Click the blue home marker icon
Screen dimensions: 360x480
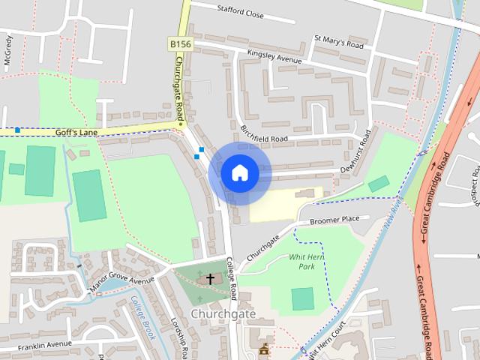coord(239,173)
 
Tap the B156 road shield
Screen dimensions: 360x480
coord(180,45)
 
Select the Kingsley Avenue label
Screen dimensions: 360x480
coord(274,57)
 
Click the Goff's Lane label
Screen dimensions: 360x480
coord(76,132)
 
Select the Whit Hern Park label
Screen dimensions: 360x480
coord(305,261)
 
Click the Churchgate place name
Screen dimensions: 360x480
coord(223,313)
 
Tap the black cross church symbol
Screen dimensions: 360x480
coord(210,279)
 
